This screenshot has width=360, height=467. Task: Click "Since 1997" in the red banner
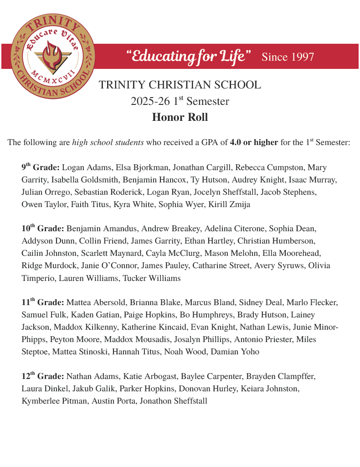click(288, 57)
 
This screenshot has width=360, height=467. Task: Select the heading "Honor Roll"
click(180, 117)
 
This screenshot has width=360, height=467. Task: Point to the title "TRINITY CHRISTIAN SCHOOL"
click(180, 85)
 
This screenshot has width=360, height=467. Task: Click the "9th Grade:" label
click(41, 167)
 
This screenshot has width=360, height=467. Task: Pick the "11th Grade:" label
click(43, 302)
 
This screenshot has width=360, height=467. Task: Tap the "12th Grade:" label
click(43, 376)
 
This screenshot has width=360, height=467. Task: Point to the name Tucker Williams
click(152, 278)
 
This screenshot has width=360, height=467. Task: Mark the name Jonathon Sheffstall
click(173, 401)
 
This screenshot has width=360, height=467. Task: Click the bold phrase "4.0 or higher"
click(254, 142)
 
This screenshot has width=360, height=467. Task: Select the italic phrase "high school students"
click(108, 142)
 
